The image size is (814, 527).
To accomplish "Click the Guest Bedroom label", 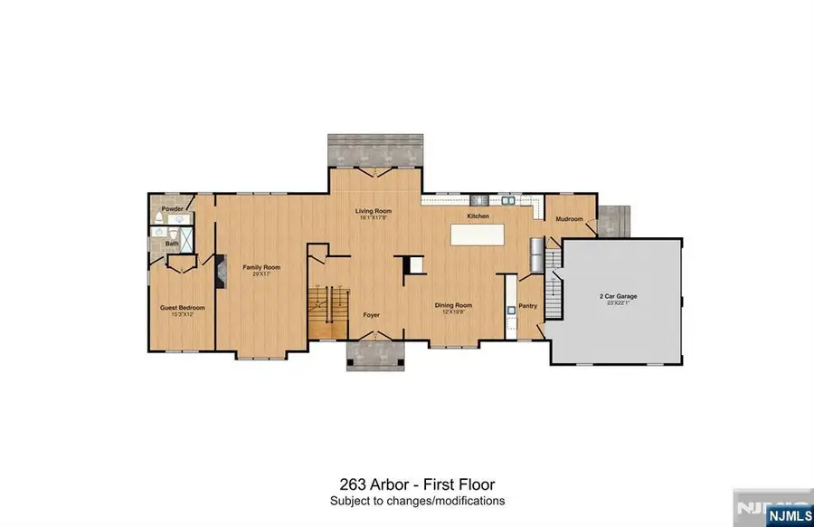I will click(x=184, y=308).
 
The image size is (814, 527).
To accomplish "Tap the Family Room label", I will click(x=260, y=267).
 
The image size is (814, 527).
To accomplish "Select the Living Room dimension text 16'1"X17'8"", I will click(x=372, y=217).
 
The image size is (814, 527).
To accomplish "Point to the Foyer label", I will click(x=372, y=316).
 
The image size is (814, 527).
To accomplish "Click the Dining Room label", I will click(x=454, y=305).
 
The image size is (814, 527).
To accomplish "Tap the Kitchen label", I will click(x=478, y=217).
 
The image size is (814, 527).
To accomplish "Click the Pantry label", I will click(x=528, y=306).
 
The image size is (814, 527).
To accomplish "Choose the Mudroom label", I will click(x=569, y=219).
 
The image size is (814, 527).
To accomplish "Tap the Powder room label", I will click(x=173, y=209).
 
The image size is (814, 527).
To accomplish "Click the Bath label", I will click(x=170, y=244).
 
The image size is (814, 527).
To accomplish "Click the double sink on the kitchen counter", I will click(x=509, y=198).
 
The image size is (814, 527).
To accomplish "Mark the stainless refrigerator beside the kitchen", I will click(x=537, y=253).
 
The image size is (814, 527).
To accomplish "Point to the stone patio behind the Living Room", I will click(x=374, y=151).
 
